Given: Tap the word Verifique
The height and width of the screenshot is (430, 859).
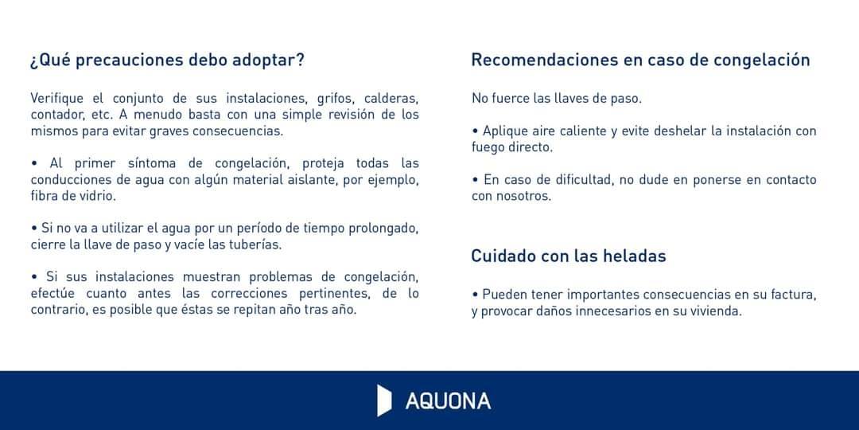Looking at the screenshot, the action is click(x=57, y=99).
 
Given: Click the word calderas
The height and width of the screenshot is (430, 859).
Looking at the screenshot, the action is click(x=391, y=99).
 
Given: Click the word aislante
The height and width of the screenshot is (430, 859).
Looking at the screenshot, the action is click(x=314, y=180).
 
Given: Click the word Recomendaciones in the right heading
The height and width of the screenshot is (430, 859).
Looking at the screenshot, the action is click(x=545, y=60).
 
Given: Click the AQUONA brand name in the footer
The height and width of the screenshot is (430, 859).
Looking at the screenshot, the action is click(x=448, y=401).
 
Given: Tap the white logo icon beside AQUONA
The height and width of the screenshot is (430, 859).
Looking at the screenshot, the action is click(x=384, y=401).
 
